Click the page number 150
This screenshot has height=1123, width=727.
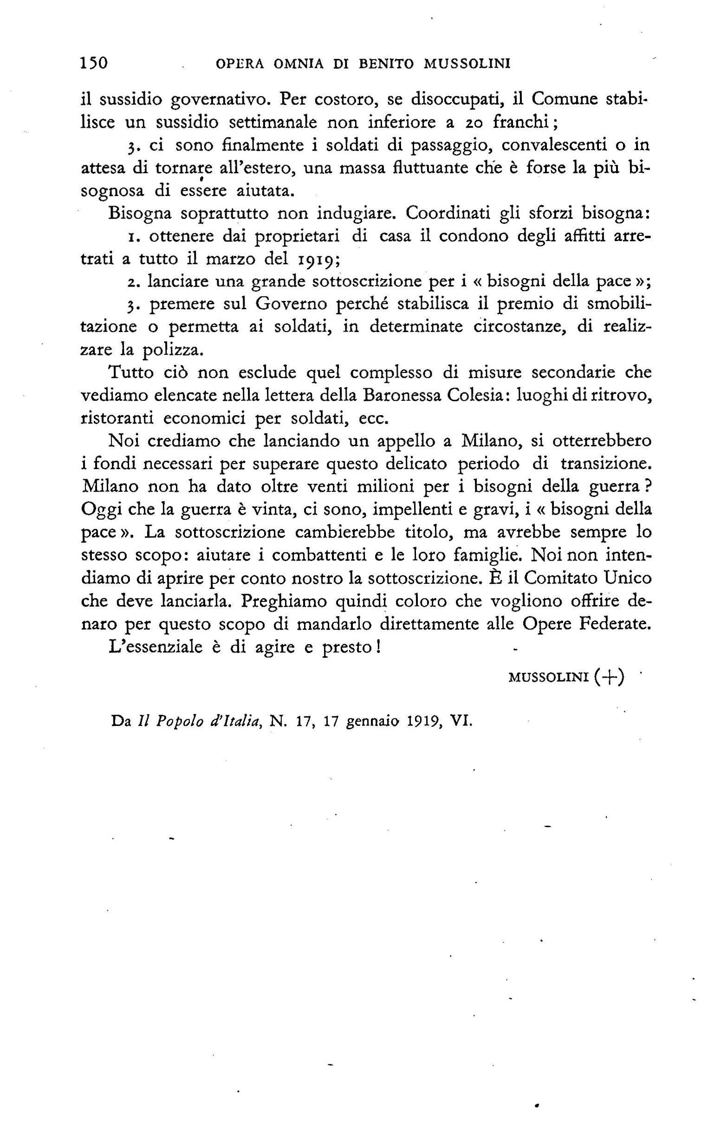[95, 63]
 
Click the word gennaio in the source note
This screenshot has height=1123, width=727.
[371, 722]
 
